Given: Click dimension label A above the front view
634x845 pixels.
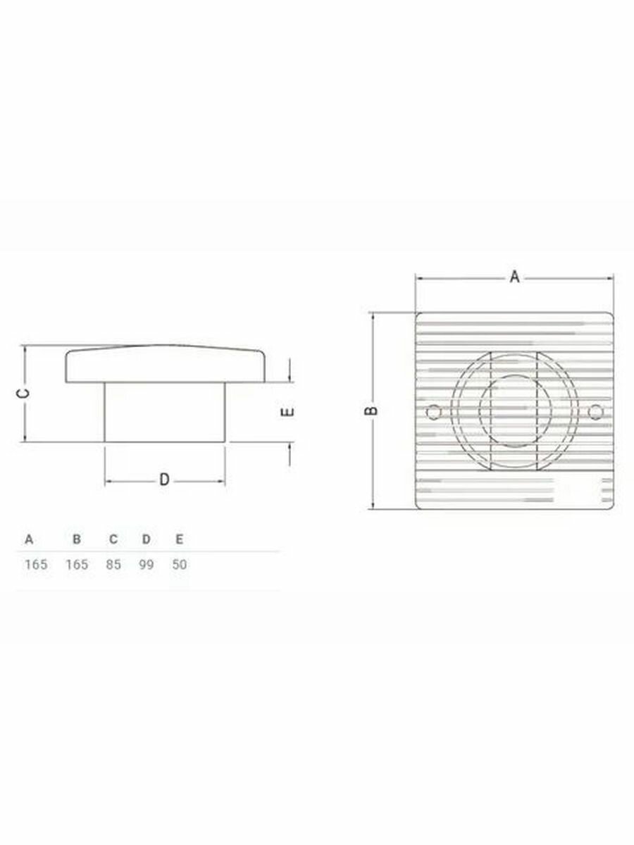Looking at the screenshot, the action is pos(515,277).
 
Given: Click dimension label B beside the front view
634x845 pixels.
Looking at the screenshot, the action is pos(371,411).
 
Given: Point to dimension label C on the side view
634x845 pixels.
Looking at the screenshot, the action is pos(23,393).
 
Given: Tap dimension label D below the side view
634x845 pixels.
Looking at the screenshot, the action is pos(164,480).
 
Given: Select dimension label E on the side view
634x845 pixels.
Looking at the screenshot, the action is pos(288,411).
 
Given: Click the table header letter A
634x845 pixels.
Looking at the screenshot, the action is pos(29,539).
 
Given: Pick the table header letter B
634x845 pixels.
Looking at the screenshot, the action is pos(77,539).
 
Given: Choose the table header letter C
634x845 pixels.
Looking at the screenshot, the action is pos(113,539).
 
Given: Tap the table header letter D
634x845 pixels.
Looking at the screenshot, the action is pos(147,539).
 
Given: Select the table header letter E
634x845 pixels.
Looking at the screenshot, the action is pos(180,539).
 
